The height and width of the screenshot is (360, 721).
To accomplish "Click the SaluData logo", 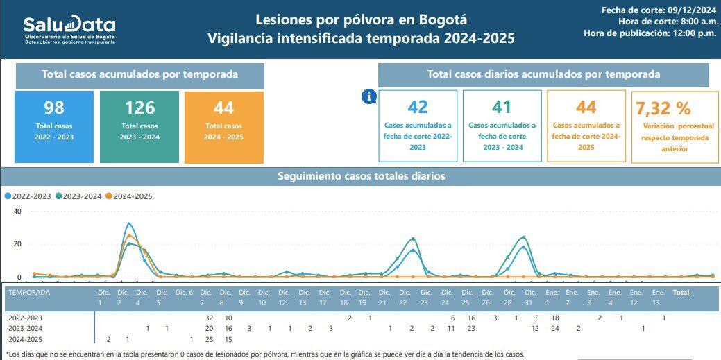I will (69, 30).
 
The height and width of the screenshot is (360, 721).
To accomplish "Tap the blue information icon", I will (368, 97).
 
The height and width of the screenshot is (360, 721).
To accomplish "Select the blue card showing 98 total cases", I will (54, 127).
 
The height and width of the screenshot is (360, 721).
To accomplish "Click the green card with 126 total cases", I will (139, 127).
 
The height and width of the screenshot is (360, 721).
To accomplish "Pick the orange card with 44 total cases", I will (224, 127).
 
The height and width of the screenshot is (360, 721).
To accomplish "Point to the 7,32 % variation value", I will (663, 108).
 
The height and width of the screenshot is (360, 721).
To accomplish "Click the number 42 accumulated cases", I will (418, 107).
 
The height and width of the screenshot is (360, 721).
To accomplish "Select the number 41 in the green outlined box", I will (502, 107).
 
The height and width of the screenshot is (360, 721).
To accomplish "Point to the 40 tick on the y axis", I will (17, 212).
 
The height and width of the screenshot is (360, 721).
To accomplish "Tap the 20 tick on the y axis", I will (17, 244).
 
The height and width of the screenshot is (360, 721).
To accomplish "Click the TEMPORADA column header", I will (28, 293).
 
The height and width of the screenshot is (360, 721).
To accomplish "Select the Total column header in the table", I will (681, 293).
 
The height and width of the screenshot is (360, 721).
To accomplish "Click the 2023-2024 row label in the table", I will (26, 328).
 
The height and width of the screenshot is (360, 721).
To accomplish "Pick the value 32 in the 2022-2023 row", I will (209, 317).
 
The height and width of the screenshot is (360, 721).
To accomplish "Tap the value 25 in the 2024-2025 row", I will (209, 339).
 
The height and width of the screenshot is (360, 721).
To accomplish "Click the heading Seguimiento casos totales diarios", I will (361, 176).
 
